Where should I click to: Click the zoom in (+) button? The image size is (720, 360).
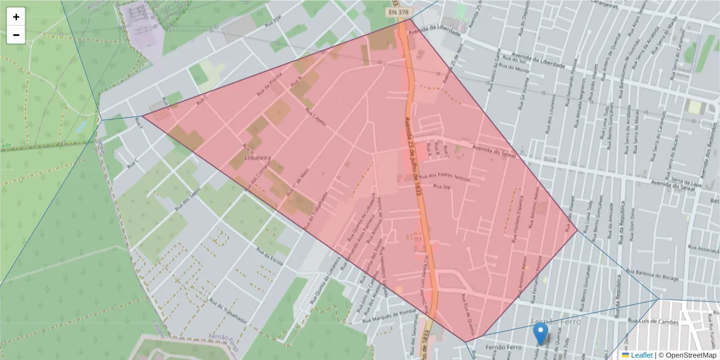coord(16,17)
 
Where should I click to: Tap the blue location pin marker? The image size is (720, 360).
coord(541,333)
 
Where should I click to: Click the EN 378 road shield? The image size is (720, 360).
coord(398,11)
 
